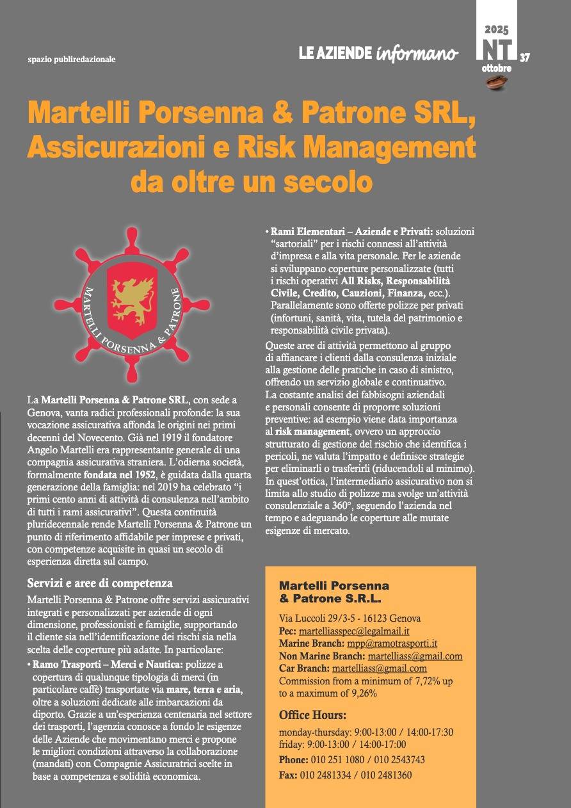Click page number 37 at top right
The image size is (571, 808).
click(x=525, y=58)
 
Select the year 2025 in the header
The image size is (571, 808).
click(x=496, y=29)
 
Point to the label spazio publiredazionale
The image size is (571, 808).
click(x=72, y=60)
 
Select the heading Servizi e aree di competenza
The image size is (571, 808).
click(x=101, y=583)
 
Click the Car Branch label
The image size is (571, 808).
click(x=304, y=668)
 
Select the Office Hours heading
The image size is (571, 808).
click(x=312, y=715)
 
